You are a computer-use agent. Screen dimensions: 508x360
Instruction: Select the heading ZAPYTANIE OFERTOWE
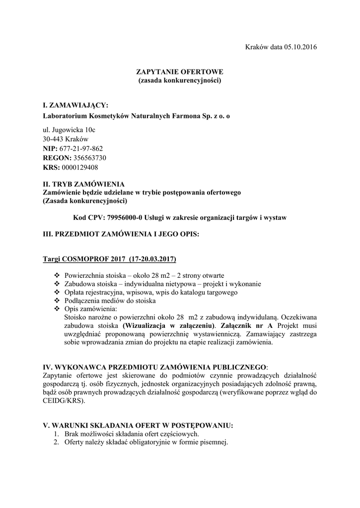pos(180,72)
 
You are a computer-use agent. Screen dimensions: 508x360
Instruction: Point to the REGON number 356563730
pos(89,158)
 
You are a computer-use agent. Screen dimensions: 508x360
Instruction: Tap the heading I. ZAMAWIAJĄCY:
pos(75,106)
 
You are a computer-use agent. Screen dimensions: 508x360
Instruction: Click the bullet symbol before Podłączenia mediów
pos(56,301)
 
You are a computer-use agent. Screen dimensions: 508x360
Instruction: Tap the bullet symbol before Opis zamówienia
pos(56,309)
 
